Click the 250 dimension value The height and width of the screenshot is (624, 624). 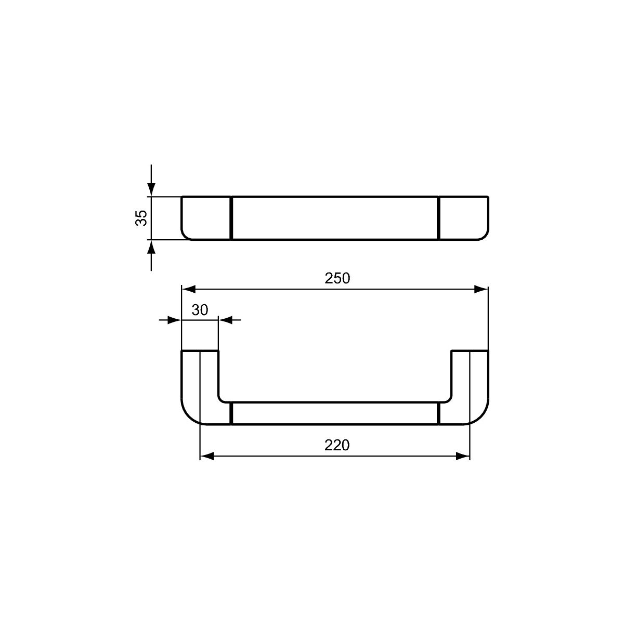(337, 278)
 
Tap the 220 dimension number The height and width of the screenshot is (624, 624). (337, 445)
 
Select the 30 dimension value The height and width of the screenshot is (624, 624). (200, 310)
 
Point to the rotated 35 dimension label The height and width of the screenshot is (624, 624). (141, 218)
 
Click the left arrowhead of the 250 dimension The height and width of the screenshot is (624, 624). (188, 289)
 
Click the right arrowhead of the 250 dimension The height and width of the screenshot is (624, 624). (481, 289)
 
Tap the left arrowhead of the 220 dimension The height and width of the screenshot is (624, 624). (207, 456)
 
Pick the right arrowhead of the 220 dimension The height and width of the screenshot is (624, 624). (462, 456)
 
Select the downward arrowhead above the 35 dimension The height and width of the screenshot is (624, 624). (151, 190)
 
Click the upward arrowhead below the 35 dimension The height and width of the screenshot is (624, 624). (151, 247)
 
